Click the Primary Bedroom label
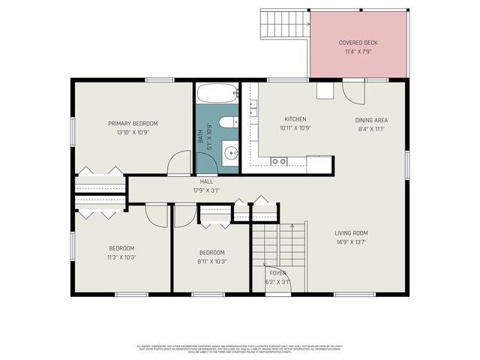[133, 123]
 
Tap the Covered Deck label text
[358, 43]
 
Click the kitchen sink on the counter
[278, 161]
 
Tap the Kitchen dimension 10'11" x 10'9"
[295, 128]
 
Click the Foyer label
[277, 273]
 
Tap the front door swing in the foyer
[276, 278]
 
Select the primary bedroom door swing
[180, 163]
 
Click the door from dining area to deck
[352, 92]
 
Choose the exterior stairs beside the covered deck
[284, 25]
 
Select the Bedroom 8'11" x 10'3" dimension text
[212, 262]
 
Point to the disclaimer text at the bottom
[240, 349]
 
